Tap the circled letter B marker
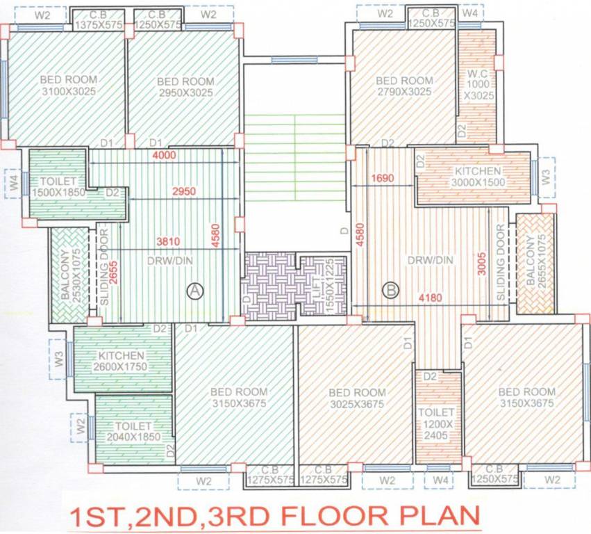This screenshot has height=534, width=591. (x=391, y=288)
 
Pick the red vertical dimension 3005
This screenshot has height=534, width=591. (x=480, y=263)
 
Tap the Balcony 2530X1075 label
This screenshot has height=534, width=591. (x=71, y=275)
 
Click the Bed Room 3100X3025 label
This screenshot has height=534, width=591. (x=67, y=85)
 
